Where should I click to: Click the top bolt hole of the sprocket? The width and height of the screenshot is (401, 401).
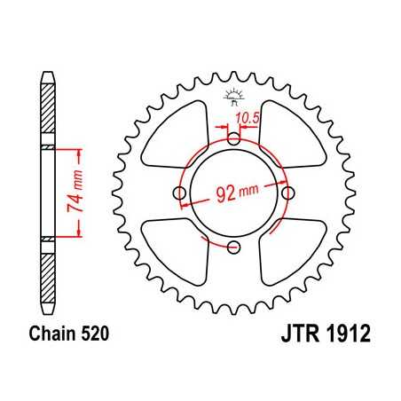(233, 139)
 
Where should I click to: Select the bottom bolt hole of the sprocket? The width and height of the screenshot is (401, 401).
(233, 247)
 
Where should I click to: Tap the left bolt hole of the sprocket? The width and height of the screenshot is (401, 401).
(180, 193)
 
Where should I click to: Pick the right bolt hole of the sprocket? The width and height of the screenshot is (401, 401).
(287, 193)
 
